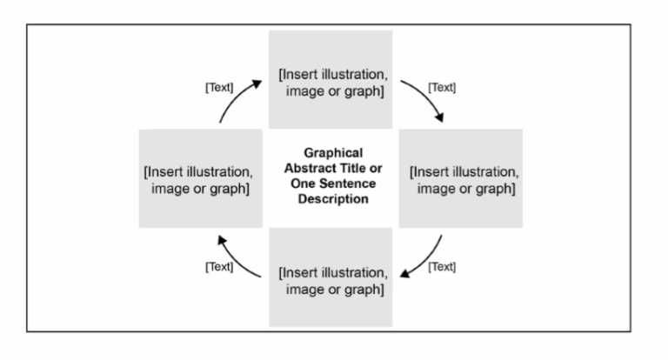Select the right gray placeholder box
[x=461, y=178]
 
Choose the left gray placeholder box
[x=200, y=178]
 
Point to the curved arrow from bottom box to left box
[x=237, y=257]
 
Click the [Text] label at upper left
[x=218, y=88]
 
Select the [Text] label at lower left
[x=218, y=266]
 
